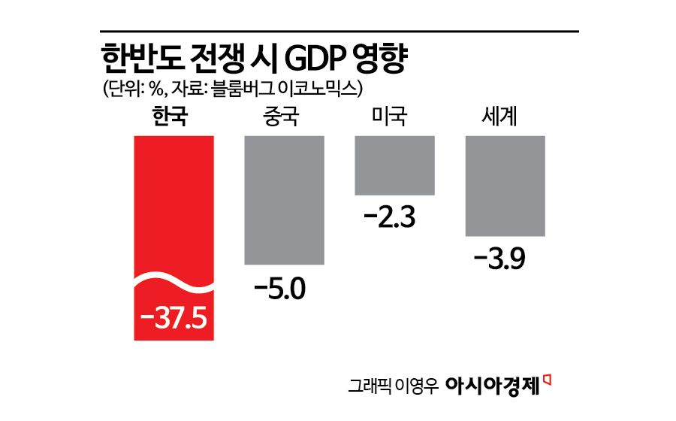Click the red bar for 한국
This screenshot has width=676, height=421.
click(174, 203)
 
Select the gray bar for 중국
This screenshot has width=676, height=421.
click(285, 200)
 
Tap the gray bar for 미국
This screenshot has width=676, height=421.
click(394, 165)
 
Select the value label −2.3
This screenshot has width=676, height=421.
click(389, 220)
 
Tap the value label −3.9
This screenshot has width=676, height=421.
click(499, 260)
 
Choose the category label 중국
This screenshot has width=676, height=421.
click(280, 118)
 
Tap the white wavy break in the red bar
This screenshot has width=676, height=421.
click(174, 282)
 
